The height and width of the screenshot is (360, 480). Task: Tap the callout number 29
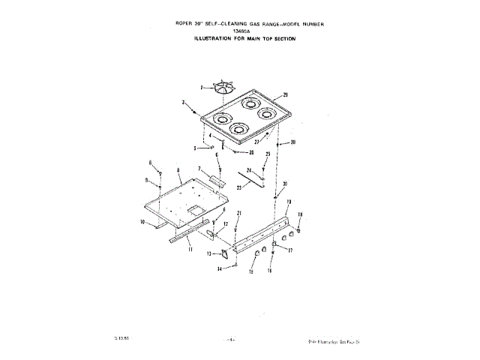pos(286,95)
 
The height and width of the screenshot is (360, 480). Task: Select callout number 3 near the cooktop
pos(184,101)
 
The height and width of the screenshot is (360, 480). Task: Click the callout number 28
pos(293,142)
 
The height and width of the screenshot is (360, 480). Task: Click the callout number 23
pos(239,186)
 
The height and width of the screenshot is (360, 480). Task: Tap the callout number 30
pos(285,183)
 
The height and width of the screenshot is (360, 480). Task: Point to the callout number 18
pos(301,214)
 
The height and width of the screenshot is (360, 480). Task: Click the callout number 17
pos(290,252)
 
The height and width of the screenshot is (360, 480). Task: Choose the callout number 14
pos(220,268)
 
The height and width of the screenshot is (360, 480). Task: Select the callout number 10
pos(141,222)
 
